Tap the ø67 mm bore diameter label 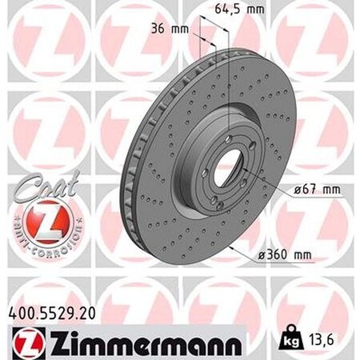tap(306, 190)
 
